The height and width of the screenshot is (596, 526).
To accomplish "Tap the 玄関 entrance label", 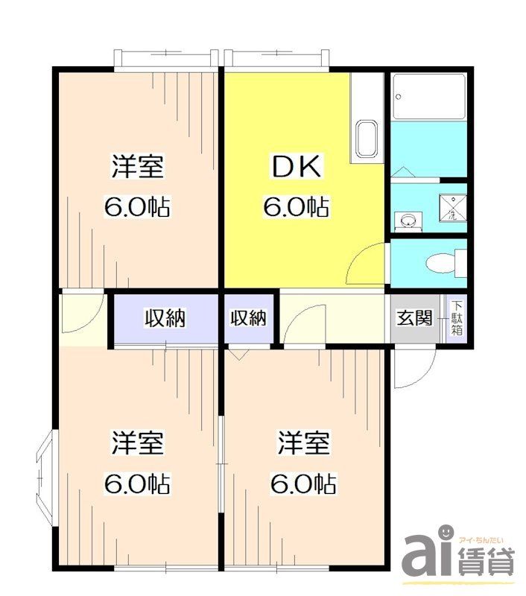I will (413, 318).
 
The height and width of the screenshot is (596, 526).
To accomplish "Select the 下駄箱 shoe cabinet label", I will (456, 318).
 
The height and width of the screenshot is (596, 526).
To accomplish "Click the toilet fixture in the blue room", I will (445, 263).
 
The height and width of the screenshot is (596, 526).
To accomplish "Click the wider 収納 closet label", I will (165, 319).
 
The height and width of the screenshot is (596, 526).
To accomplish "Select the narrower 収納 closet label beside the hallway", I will (248, 319).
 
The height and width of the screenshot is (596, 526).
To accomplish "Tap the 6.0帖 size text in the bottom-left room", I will (137, 485).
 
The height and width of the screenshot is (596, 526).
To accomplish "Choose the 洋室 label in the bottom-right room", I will (304, 445).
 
